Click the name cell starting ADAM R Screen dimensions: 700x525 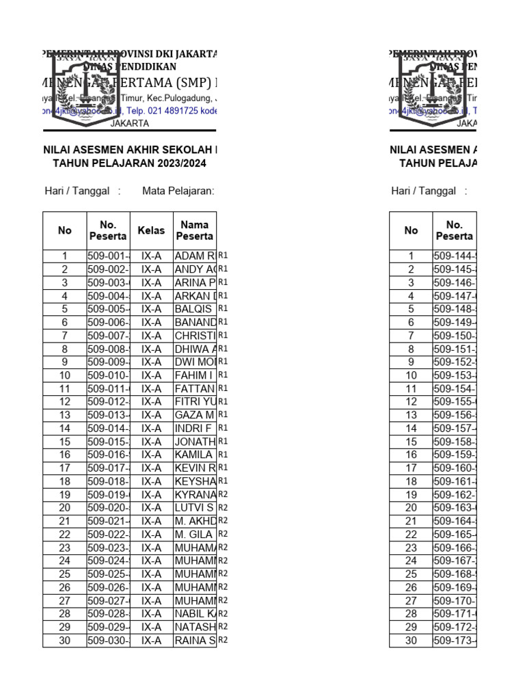click(x=195, y=256)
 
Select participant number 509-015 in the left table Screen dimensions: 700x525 click(x=108, y=442)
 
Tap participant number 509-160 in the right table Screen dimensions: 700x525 click(x=454, y=468)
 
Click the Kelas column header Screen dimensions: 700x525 click(x=151, y=230)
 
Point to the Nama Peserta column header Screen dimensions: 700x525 click(x=195, y=230)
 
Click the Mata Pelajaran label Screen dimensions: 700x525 click(x=178, y=191)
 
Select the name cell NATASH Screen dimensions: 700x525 click(x=195, y=627)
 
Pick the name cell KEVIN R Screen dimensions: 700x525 click(x=195, y=468)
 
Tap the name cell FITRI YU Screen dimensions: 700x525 click(x=195, y=402)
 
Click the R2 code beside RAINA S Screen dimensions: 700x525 click(x=223, y=641)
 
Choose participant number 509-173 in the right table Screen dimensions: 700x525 click(x=454, y=641)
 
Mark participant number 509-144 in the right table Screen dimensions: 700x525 click(x=454, y=256)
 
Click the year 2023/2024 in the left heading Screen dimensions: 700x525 click(x=180, y=163)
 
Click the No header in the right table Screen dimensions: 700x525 click(x=411, y=230)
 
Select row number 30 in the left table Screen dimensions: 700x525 click(x=65, y=641)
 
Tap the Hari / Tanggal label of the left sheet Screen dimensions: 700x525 click(x=77, y=191)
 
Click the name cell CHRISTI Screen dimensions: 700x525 click(x=195, y=336)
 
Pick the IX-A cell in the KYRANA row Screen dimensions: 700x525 click(x=151, y=494)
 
